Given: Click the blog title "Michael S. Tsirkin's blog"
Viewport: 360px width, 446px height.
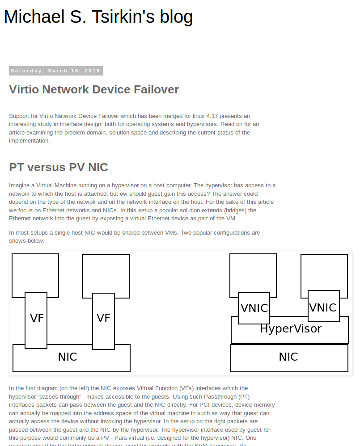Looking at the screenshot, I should click(98, 17).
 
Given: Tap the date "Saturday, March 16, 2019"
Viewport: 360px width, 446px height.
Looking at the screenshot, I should click(55, 71).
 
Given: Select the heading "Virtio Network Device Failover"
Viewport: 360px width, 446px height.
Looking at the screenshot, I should click(94, 89).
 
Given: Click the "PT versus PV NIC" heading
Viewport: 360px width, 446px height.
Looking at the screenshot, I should click(59, 167).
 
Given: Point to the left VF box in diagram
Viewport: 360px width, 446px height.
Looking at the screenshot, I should click(36, 319).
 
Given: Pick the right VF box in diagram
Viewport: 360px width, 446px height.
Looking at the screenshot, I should click(103, 318).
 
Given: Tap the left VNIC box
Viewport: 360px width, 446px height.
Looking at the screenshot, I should click(254, 308).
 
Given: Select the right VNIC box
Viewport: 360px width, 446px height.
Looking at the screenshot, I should click(323, 307).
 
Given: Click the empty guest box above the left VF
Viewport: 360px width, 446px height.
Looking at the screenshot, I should click(35, 273).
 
